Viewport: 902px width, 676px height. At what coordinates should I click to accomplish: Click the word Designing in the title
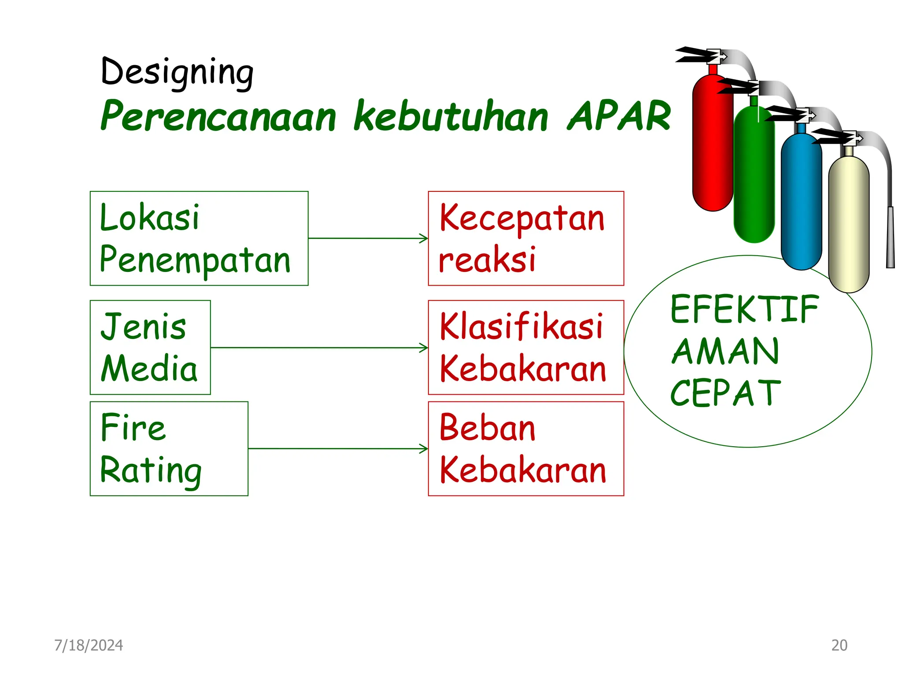(x=177, y=72)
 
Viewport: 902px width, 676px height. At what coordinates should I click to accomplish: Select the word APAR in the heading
(x=619, y=116)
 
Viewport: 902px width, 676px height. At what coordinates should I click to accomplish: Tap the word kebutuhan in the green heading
(x=451, y=116)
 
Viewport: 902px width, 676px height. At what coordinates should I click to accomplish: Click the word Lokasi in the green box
(x=150, y=217)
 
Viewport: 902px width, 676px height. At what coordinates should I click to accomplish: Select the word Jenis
(x=144, y=327)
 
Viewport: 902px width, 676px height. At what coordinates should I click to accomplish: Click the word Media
(x=149, y=369)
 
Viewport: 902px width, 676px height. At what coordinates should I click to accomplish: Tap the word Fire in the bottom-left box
(x=133, y=427)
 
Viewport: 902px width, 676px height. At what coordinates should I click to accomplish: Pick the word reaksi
(x=487, y=260)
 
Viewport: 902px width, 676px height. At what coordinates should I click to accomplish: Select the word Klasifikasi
(x=521, y=327)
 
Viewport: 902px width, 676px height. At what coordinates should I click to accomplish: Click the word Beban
(x=487, y=427)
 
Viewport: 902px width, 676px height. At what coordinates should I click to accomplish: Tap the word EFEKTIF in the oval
(x=744, y=309)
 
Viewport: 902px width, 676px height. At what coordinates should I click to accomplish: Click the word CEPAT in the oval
(x=725, y=393)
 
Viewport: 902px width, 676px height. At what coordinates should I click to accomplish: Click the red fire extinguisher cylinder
(x=712, y=145)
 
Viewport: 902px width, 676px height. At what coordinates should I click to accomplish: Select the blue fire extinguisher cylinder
(x=801, y=202)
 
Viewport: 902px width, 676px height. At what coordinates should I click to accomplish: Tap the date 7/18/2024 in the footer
(x=89, y=645)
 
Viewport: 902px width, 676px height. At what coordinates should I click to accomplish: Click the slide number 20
(x=839, y=645)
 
